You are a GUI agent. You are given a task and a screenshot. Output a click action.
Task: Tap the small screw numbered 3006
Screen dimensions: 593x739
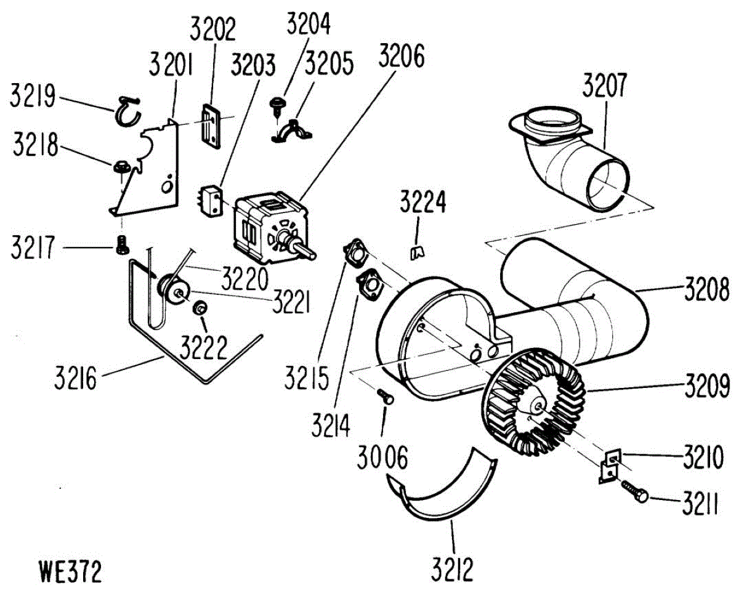click(x=386, y=397)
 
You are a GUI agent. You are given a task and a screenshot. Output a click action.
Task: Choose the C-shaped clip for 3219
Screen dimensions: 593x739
click(x=127, y=110)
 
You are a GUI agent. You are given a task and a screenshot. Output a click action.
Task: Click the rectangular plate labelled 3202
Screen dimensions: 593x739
click(x=211, y=126)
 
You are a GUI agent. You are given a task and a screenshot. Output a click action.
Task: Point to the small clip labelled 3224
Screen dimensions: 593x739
click(x=418, y=251)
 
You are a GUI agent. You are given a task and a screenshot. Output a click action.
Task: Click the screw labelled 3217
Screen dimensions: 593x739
click(x=122, y=245)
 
